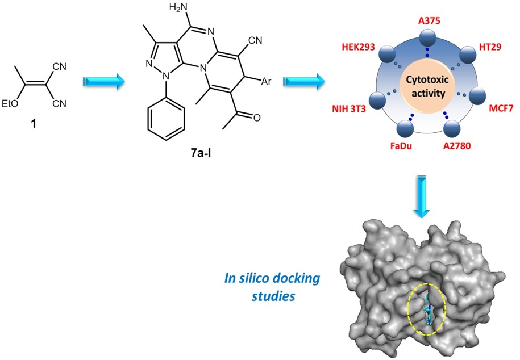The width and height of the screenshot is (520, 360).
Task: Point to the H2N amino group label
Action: [x=170, y=7]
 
